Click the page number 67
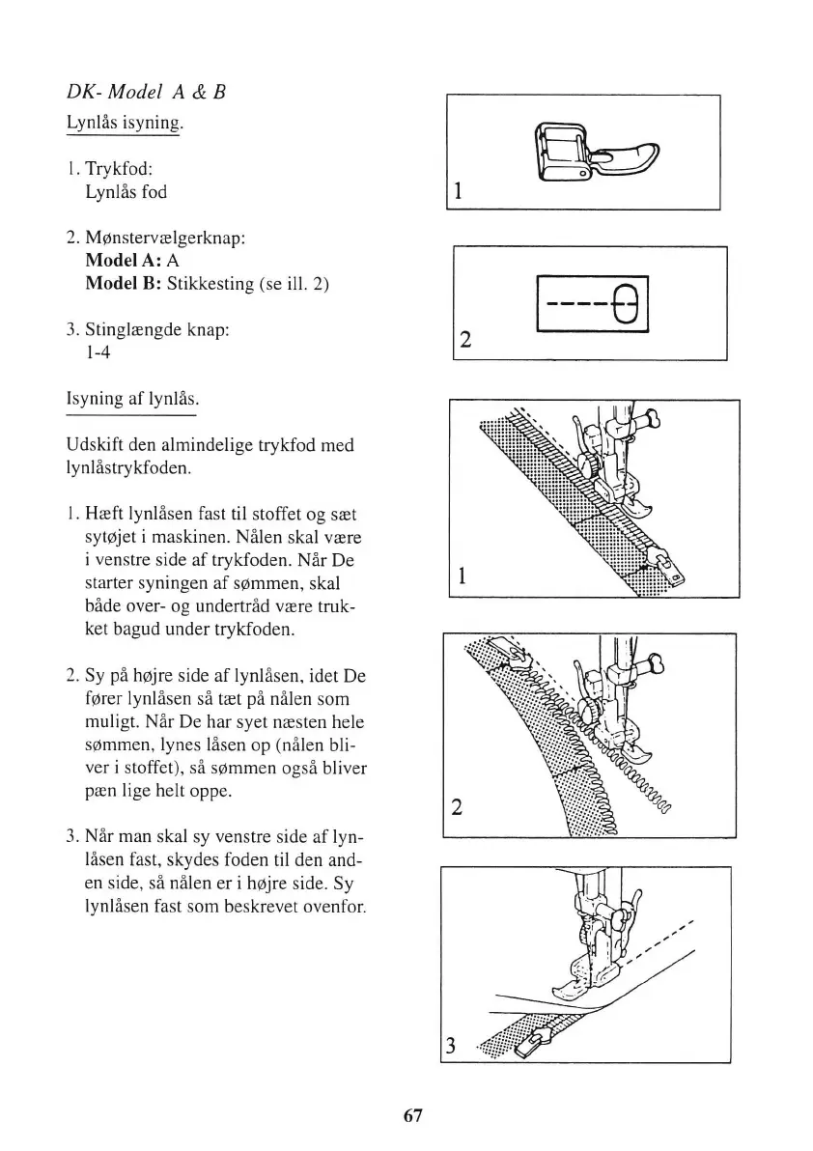[412, 1115]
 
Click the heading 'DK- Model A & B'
[146, 93]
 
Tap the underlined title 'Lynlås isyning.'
[124, 125]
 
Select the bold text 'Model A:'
[124, 261]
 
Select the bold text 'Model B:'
[124, 284]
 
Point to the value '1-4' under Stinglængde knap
[98, 352]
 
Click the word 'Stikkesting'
[208, 284]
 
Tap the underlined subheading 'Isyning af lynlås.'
[130, 398]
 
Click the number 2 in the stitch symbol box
[466, 340]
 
